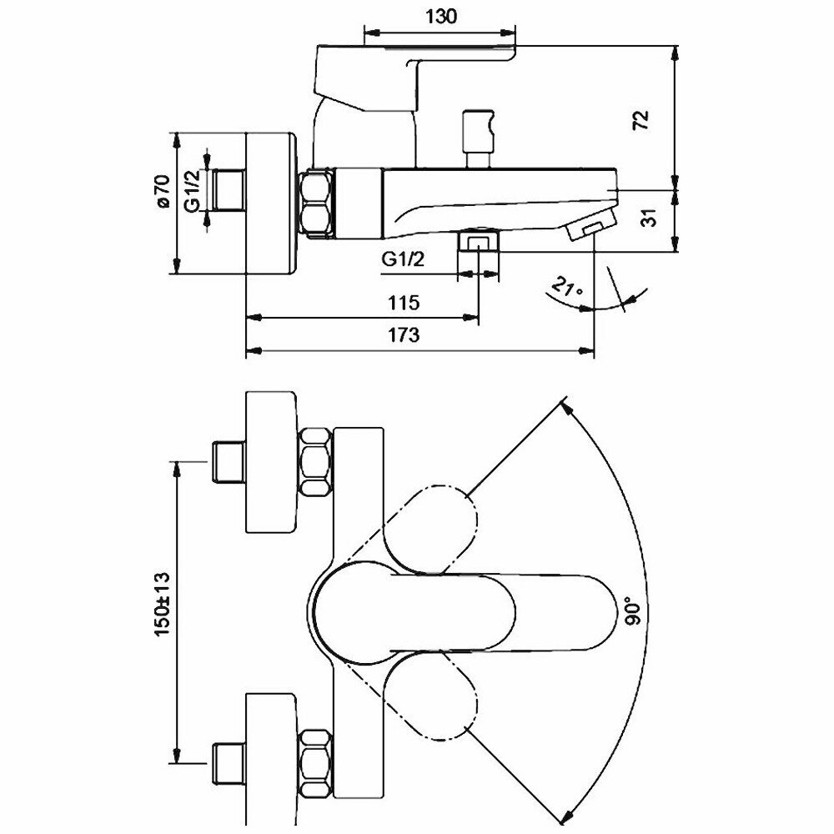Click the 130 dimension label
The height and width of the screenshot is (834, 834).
[x=440, y=18]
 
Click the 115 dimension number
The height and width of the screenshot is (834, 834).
[x=403, y=302]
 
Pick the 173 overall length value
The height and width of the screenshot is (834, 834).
[x=403, y=336]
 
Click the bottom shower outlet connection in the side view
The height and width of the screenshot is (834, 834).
[x=479, y=243]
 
